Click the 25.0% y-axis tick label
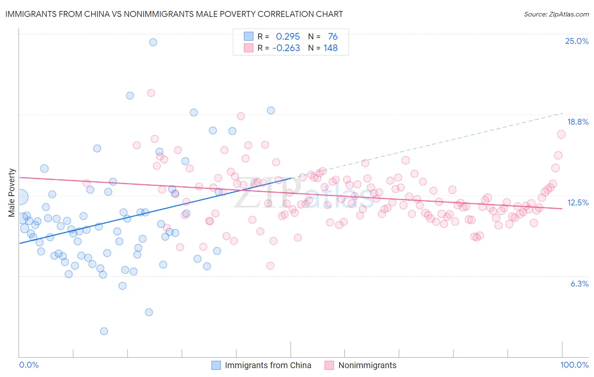point(577,41)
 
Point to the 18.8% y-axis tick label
point(578,122)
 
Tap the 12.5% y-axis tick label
point(578,202)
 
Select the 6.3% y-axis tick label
point(579,284)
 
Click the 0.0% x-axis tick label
point(29,365)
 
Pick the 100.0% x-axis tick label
point(574,365)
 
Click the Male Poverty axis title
point(12,193)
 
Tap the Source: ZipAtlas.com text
point(556,14)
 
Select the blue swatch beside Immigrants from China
point(216,365)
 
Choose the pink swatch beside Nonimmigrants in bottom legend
point(329,365)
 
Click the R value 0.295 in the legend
point(288,36)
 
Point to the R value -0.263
point(286,48)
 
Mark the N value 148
point(330,48)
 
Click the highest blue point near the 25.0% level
point(153,42)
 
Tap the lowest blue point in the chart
point(104,331)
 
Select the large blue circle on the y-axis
point(20,197)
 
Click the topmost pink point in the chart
point(151,93)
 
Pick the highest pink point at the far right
point(561,134)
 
